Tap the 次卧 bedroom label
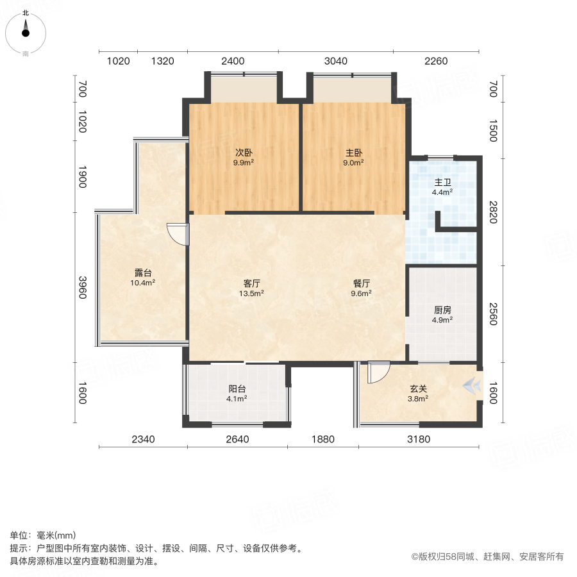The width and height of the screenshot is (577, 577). click(x=243, y=153)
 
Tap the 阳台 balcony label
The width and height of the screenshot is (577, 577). click(x=237, y=389)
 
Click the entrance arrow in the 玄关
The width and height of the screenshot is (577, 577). click(x=473, y=385)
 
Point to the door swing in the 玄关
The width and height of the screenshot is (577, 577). click(x=378, y=372)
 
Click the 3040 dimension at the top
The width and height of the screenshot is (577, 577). click(x=335, y=62)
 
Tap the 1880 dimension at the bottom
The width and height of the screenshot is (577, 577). click(x=323, y=439)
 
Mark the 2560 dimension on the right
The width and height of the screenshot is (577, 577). click(x=492, y=314)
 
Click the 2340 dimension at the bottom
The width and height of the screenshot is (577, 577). click(x=142, y=439)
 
